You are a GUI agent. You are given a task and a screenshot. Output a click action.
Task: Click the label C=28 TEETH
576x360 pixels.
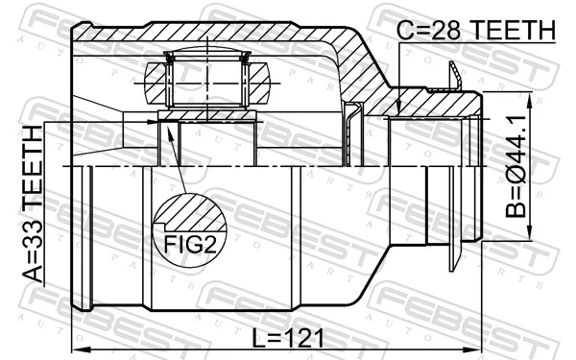(x=476, y=31)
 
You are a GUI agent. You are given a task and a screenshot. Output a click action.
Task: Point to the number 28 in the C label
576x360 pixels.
(x=446, y=31)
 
